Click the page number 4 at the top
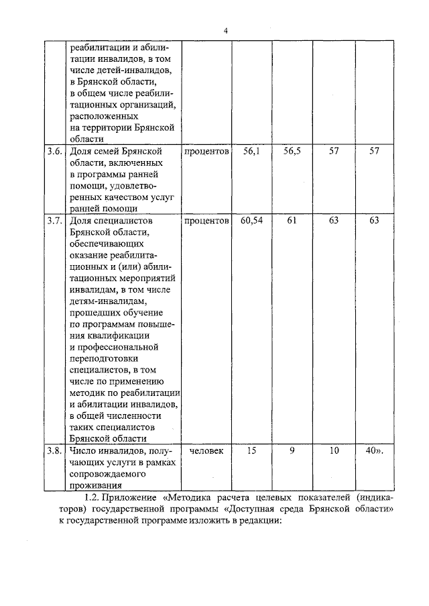(226, 30)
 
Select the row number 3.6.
(54, 152)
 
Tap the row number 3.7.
(54, 221)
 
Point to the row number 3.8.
(54, 450)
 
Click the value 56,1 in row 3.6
(252, 152)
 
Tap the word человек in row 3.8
(206, 450)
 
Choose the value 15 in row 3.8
(252, 450)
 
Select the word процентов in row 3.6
(206, 152)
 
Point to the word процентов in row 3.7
(206, 221)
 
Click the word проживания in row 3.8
(95, 485)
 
